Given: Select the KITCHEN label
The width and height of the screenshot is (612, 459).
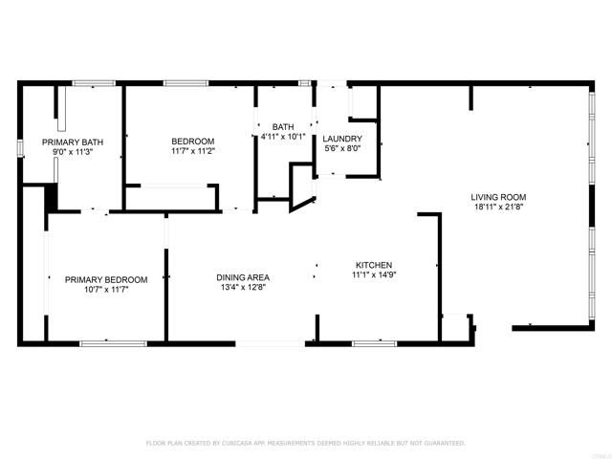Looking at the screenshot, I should [x=374, y=265].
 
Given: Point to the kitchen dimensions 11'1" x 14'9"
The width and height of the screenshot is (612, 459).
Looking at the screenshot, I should [x=374, y=275].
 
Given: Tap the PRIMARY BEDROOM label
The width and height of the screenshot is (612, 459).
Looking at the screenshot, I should [x=106, y=279].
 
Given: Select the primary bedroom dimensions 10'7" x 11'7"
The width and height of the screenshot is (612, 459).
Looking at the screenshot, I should [x=106, y=290].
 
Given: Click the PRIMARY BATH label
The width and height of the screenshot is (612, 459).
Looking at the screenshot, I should [x=72, y=142].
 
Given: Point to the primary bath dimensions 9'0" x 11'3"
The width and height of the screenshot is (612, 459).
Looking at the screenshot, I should [x=72, y=152].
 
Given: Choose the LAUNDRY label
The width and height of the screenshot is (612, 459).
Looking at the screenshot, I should [x=341, y=139].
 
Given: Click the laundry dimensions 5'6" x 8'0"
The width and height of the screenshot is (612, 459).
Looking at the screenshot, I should [x=341, y=149].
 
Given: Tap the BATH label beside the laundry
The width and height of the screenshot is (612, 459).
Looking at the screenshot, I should [x=283, y=126].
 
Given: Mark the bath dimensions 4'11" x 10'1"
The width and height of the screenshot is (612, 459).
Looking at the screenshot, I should [x=283, y=137].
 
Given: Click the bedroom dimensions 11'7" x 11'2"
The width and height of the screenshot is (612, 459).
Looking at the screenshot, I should [x=192, y=149].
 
